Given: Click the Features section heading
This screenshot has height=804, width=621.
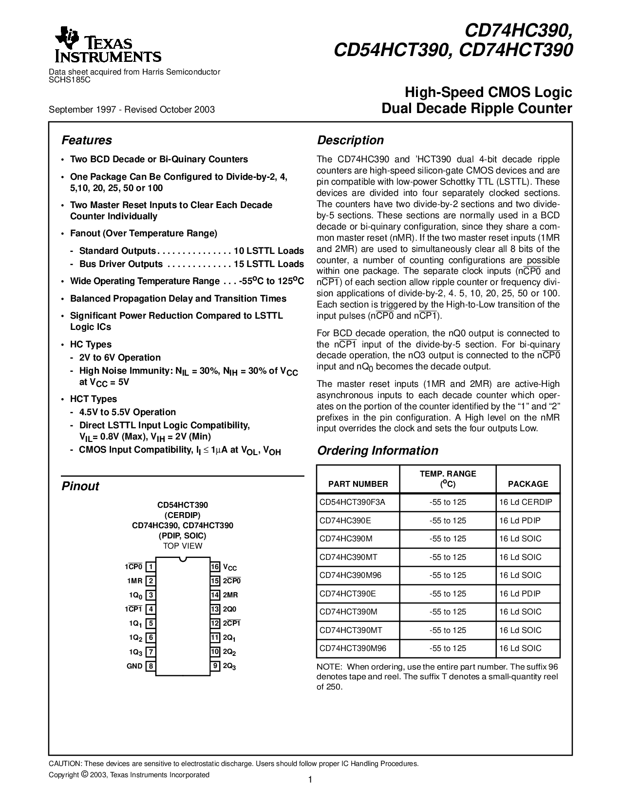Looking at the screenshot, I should tap(87, 140).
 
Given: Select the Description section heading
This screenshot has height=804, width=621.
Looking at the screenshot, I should tap(350, 140).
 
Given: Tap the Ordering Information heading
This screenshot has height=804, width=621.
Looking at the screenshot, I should tap(377, 451).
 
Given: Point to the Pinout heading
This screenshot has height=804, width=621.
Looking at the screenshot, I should tap(80, 486).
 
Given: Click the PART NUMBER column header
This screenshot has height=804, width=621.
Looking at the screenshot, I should tap(358, 484).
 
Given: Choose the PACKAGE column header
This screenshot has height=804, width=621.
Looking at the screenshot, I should tap(528, 484).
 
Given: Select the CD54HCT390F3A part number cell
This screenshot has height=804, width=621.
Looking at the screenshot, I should tap(352, 502).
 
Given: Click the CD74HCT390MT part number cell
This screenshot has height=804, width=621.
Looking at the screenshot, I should tap(351, 630).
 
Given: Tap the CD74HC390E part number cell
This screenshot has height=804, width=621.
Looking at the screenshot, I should tap(345, 520).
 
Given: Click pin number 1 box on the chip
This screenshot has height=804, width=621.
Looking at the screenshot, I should tap(151, 567).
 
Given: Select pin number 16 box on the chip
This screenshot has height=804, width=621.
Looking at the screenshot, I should tap(215, 567).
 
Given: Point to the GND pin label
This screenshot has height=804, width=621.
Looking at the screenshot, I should tap(134, 666).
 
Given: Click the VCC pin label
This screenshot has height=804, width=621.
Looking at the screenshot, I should tap(230, 567).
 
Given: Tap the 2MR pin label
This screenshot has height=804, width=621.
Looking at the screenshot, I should tap(230, 595).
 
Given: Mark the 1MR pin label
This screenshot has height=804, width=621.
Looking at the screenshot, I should tap(135, 581).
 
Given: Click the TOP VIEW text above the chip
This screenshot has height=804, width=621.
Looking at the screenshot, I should tap(183, 546).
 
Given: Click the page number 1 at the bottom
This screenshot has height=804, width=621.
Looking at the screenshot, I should tap(310, 780).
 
